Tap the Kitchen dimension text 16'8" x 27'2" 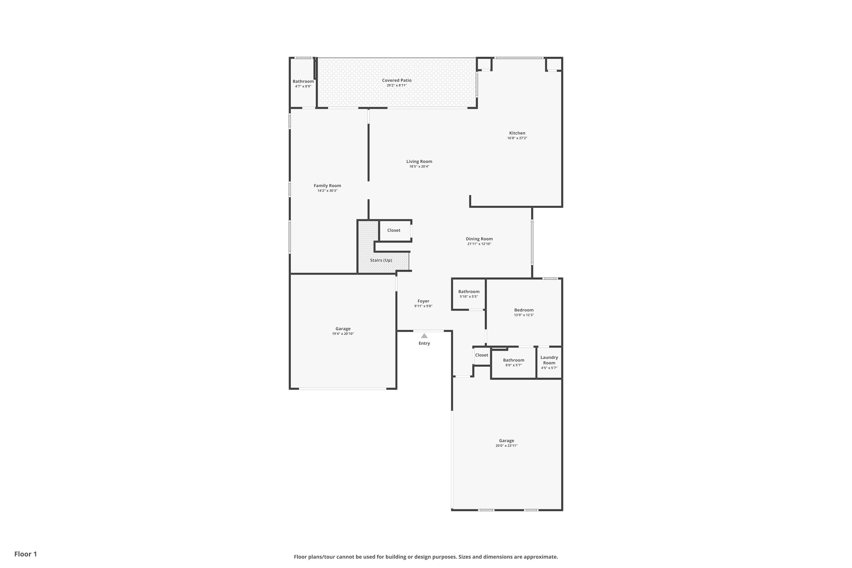click(517, 138)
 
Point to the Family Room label click(327, 186)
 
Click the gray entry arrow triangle click(424, 336)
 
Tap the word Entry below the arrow click(424, 343)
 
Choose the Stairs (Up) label click(381, 260)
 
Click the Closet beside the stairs click(393, 230)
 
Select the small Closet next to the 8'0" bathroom click(481, 355)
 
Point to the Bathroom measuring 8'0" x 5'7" click(513, 360)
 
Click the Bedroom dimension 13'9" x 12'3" click(523, 315)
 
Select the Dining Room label click(479, 239)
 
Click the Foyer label click(423, 301)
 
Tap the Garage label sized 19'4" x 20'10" click(343, 329)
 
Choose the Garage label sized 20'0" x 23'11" click(506, 441)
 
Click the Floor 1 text click(25, 554)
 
